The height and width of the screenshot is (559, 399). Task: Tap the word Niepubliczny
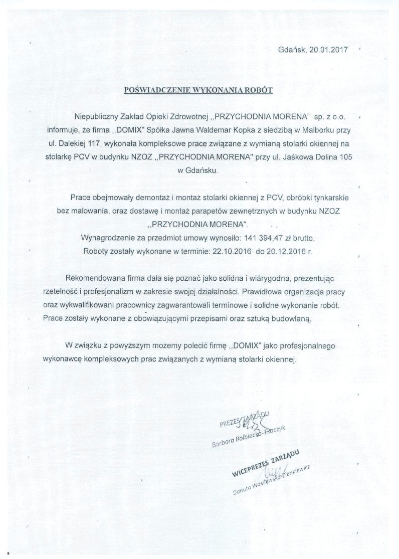pyautogui.click(x=92, y=116)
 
